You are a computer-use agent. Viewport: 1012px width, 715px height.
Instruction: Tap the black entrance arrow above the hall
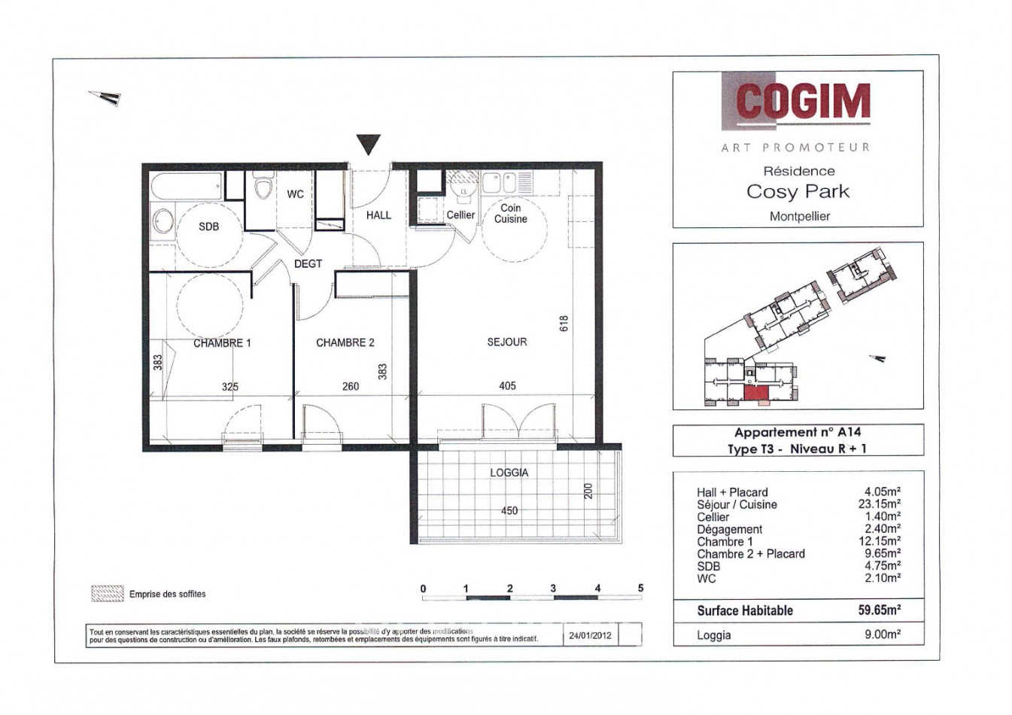coord(368,143)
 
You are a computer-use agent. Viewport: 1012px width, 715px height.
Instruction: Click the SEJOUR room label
coord(507,342)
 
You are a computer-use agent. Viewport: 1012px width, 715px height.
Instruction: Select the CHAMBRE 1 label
coord(222,342)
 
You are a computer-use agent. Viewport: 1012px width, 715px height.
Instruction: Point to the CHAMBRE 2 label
coord(345,342)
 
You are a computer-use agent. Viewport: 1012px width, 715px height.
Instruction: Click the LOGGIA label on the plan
coord(509,473)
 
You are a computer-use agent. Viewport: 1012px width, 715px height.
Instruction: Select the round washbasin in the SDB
coord(163,221)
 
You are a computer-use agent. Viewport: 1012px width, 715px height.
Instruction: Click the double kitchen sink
coord(499,182)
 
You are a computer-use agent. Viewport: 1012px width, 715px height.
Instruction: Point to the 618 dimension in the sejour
coord(564,323)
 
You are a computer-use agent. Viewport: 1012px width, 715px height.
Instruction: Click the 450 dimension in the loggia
coord(509,510)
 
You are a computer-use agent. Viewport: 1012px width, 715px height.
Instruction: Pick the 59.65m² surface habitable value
coord(879,610)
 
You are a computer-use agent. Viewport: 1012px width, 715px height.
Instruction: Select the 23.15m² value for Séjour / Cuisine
coord(880,504)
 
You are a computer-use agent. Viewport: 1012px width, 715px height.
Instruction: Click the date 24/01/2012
coord(591,635)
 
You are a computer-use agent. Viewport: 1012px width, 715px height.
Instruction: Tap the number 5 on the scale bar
coord(640,588)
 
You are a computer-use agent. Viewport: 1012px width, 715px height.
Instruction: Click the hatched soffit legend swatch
coord(107,594)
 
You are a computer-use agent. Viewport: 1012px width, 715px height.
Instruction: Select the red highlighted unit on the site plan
coord(755,393)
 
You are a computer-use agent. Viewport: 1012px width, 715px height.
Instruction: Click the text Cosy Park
coord(798,191)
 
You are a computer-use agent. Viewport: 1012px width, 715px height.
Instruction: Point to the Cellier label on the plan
coord(460,214)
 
